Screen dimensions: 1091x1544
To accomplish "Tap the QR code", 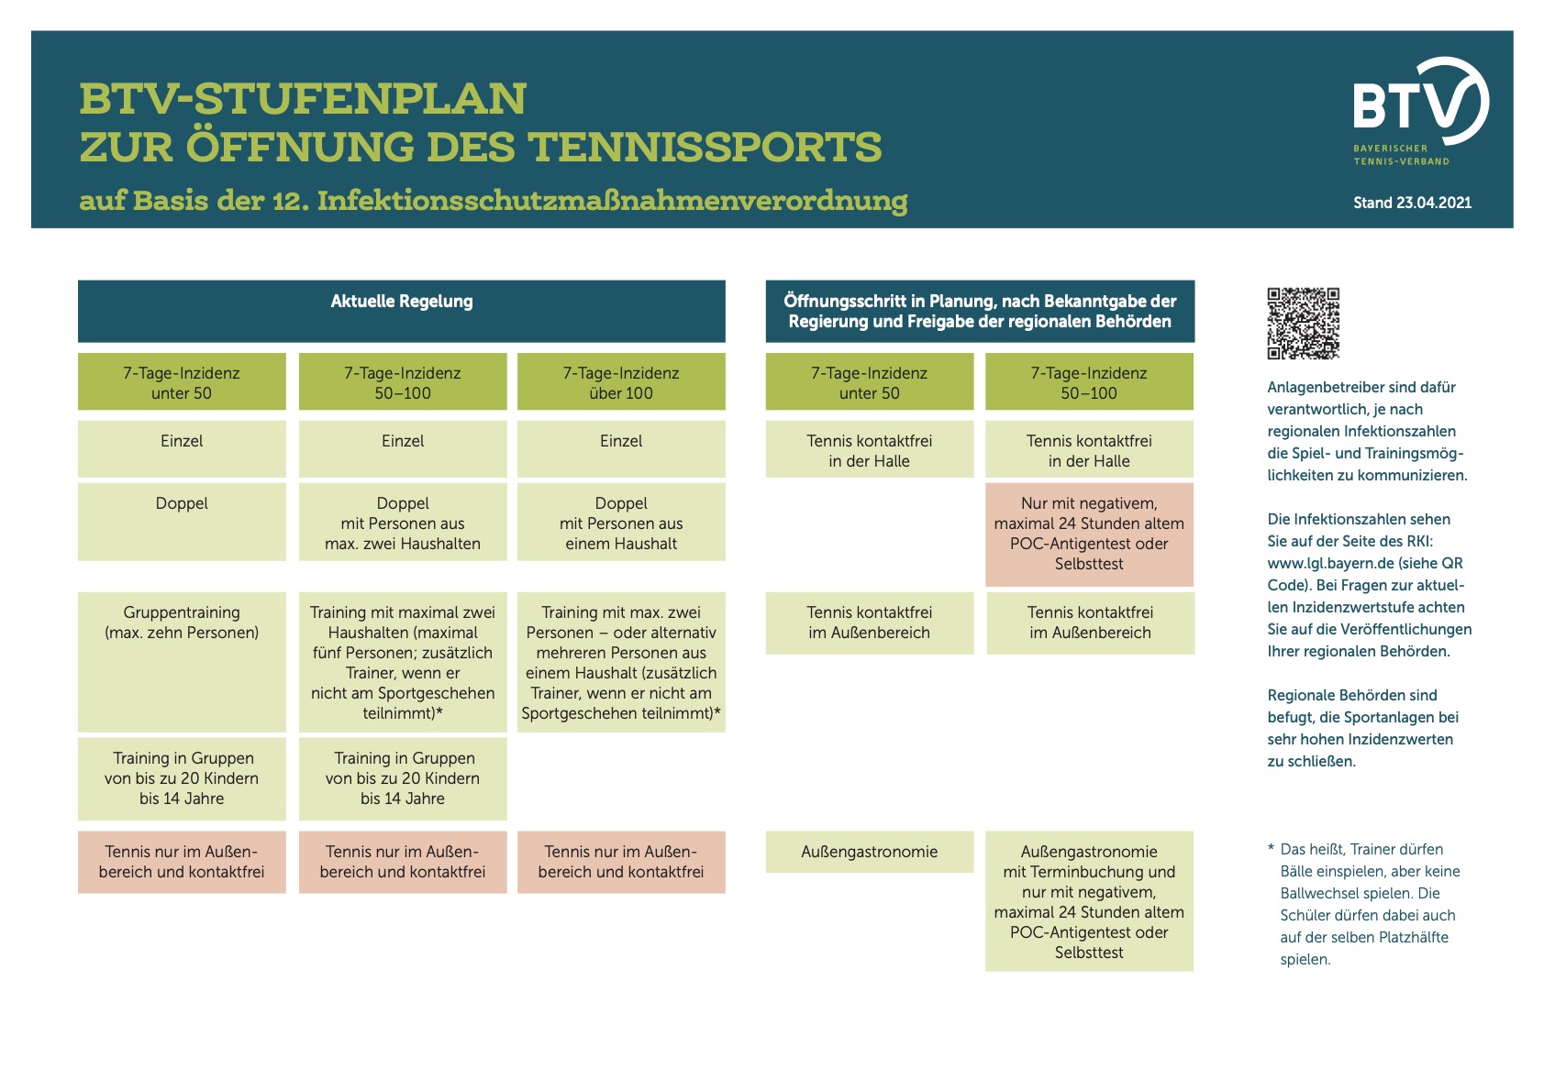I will pos(1303,323).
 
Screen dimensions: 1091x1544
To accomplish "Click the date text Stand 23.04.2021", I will pos(1412,203).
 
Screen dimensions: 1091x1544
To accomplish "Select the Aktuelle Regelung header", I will pos(402,302).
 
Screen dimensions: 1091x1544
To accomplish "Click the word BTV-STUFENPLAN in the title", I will pos(303,99).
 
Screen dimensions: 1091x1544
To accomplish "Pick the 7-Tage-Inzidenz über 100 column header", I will pos(621,382).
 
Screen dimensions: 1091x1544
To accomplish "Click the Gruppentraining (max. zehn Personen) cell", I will pos(182,623).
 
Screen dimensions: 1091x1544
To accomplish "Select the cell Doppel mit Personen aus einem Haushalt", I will pos(621,523).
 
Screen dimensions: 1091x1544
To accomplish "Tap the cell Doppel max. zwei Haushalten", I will pos(403,523).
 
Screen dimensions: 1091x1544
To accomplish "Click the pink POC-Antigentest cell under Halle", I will pos(1089,534).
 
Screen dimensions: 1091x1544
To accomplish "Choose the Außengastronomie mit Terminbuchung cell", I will pos(1089,901).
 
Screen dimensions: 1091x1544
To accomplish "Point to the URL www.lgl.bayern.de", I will pos(1330,563).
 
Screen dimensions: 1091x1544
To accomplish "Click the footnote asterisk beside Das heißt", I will pos(1271,849).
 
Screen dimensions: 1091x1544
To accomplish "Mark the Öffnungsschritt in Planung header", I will pos(980,311).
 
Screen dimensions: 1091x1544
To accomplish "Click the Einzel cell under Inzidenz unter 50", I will pos(182,442).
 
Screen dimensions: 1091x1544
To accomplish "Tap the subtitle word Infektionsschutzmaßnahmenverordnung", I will pos(612,201).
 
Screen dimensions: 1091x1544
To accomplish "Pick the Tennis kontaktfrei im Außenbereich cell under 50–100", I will pos(1090,623).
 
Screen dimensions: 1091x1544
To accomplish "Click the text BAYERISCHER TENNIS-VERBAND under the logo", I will pos(1401,155).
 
